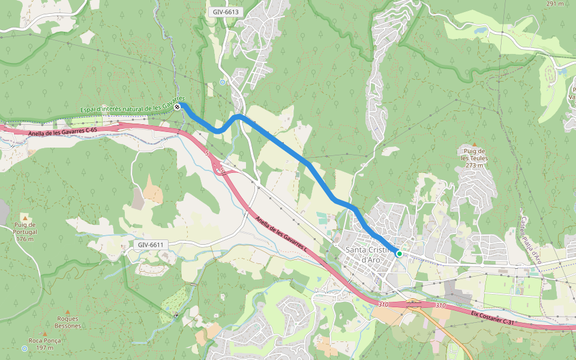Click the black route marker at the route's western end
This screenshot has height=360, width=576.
point(177,107)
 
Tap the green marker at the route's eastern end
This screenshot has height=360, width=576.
point(399,254)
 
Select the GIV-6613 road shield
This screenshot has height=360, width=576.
point(226,12)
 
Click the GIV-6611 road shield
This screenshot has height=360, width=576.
point(150,245)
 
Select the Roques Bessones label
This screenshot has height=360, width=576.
point(68,322)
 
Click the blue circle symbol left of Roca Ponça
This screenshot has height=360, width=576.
point(25,348)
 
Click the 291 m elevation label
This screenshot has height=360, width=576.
point(555,4)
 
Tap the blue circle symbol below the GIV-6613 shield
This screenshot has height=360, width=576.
point(223,82)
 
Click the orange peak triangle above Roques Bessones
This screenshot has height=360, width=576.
point(68,311)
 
